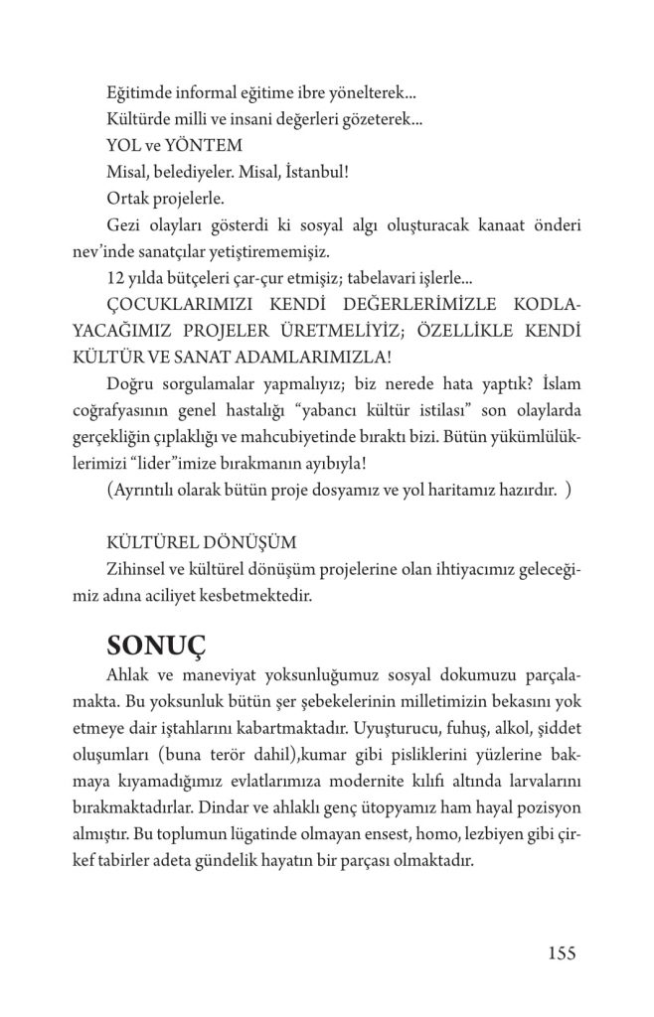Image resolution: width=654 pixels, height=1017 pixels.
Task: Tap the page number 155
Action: (x=562, y=953)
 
